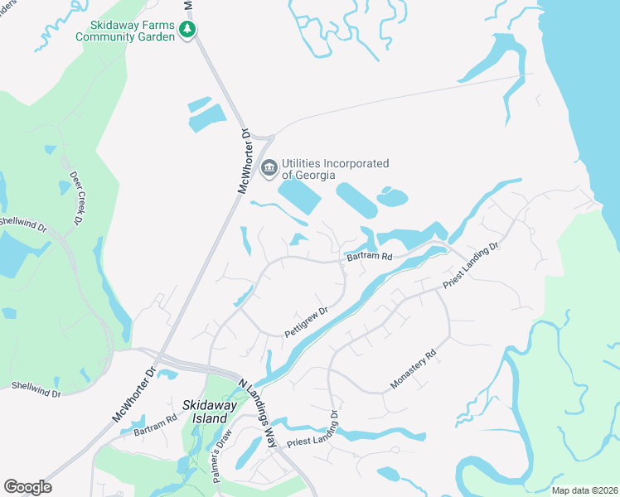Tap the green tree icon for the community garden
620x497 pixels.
188,31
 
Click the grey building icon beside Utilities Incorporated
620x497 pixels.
269,169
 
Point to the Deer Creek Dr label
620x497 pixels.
76,198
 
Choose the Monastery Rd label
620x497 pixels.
414,372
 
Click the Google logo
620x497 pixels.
27,486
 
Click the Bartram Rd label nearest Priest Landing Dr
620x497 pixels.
369,257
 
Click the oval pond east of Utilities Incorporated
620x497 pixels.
393,198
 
